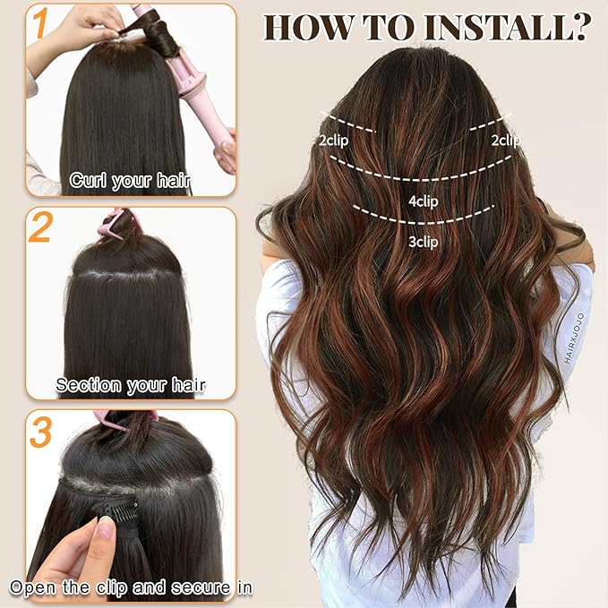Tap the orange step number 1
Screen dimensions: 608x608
tap(38, 28)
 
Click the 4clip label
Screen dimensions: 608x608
tap(423, 201)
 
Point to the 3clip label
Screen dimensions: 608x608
tap(423, 241)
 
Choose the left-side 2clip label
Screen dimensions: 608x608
tap(334, 140)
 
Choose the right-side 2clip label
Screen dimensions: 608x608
tap(505, 140)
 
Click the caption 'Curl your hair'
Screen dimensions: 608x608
tap(131, 181)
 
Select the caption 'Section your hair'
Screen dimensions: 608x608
tap(131, 385)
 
